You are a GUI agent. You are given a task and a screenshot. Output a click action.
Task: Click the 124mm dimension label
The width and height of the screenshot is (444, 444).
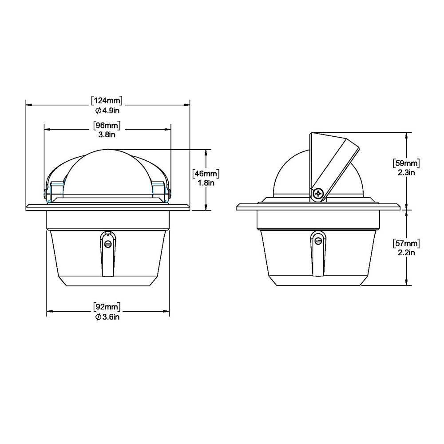click(107, 100)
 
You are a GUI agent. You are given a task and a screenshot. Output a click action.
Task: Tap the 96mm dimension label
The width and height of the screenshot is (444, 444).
click(107, 125)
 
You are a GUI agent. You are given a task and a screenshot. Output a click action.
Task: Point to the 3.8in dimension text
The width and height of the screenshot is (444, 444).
click(107, 134)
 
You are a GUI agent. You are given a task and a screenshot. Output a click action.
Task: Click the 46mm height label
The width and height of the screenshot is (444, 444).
click(206, 173)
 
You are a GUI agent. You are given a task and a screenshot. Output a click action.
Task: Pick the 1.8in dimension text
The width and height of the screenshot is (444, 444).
click(206, 182)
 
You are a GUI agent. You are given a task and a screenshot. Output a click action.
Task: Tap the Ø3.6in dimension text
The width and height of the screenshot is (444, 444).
click(107, 317)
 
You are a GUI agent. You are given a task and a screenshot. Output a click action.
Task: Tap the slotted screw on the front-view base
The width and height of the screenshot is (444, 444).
click(107, 243)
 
